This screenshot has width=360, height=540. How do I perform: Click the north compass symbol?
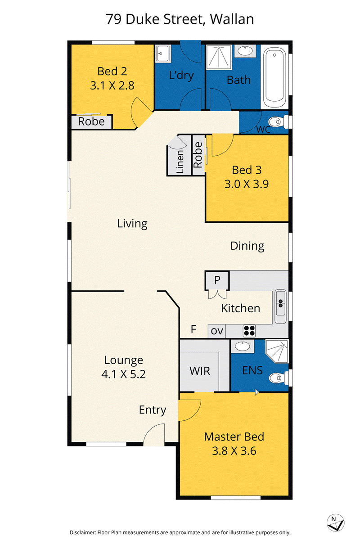click(335, 522)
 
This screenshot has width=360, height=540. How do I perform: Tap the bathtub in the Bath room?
click(274, 77)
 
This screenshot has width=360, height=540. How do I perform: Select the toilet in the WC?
click(278, 122)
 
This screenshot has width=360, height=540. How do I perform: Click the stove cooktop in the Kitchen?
click(249, 331)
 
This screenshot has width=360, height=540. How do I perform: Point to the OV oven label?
click(217, 331)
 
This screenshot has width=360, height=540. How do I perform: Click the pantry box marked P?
click(217, 280)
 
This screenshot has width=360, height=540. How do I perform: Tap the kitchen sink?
click(280, 306)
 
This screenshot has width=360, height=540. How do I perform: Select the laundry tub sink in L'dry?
click(163, 53)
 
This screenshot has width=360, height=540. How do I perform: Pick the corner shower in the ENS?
click(277, 351)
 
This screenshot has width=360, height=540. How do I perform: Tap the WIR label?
click(200, 371)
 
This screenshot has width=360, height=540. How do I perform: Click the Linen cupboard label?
click(180, 161)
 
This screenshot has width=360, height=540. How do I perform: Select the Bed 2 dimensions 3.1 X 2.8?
click(112, 85)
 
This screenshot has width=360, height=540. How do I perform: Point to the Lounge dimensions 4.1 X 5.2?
click(123, 374)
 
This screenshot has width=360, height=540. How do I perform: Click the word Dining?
click(247, 246)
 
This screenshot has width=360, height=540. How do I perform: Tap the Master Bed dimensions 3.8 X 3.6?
click(234, 451)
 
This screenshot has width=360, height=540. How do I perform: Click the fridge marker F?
click(193, 329)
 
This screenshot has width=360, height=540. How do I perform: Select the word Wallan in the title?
click(232, 19)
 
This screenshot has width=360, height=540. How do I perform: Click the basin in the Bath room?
click(245, 51)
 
